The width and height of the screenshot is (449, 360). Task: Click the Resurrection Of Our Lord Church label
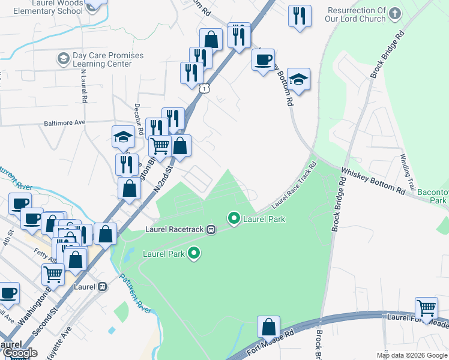point(357,14)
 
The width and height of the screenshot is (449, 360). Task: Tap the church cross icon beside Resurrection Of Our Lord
point(394,13)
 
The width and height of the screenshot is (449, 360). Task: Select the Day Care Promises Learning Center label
point(108,59)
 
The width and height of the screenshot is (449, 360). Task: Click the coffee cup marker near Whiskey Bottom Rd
point(263,60)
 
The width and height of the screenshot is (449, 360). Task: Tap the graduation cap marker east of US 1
point(298,80)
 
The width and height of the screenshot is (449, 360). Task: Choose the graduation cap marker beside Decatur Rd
point(124,137)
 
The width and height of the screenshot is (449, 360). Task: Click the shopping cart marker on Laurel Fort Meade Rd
point(426,309)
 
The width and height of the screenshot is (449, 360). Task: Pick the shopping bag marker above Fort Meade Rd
point(269,328)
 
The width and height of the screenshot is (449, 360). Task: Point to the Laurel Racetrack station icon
point(211,229)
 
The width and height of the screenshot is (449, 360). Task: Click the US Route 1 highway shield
point(204,88)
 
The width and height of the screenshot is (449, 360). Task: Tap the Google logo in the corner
point(20,353)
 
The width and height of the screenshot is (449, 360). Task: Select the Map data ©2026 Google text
point(411,355)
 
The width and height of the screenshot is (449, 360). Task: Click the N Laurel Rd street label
point(84,85)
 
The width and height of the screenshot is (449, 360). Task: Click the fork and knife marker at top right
point(299,16)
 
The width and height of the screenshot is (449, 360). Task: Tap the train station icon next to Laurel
point(103,287)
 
